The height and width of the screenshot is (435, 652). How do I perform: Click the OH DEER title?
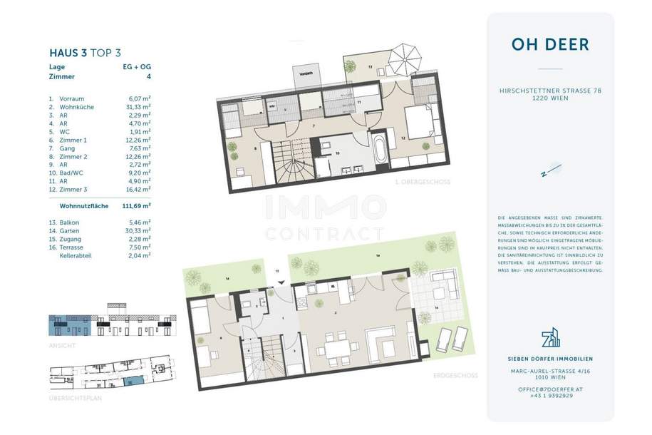tap(549, 44)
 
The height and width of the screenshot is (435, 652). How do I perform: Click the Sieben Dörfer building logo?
tap(550, 337)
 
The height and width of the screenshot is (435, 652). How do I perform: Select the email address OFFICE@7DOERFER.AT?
tap(550, 389)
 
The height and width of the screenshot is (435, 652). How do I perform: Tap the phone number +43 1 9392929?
tap(550, 396)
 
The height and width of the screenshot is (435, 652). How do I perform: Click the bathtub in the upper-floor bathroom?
tap(379, 148)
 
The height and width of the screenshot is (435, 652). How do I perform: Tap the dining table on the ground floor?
tap(338, 347)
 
